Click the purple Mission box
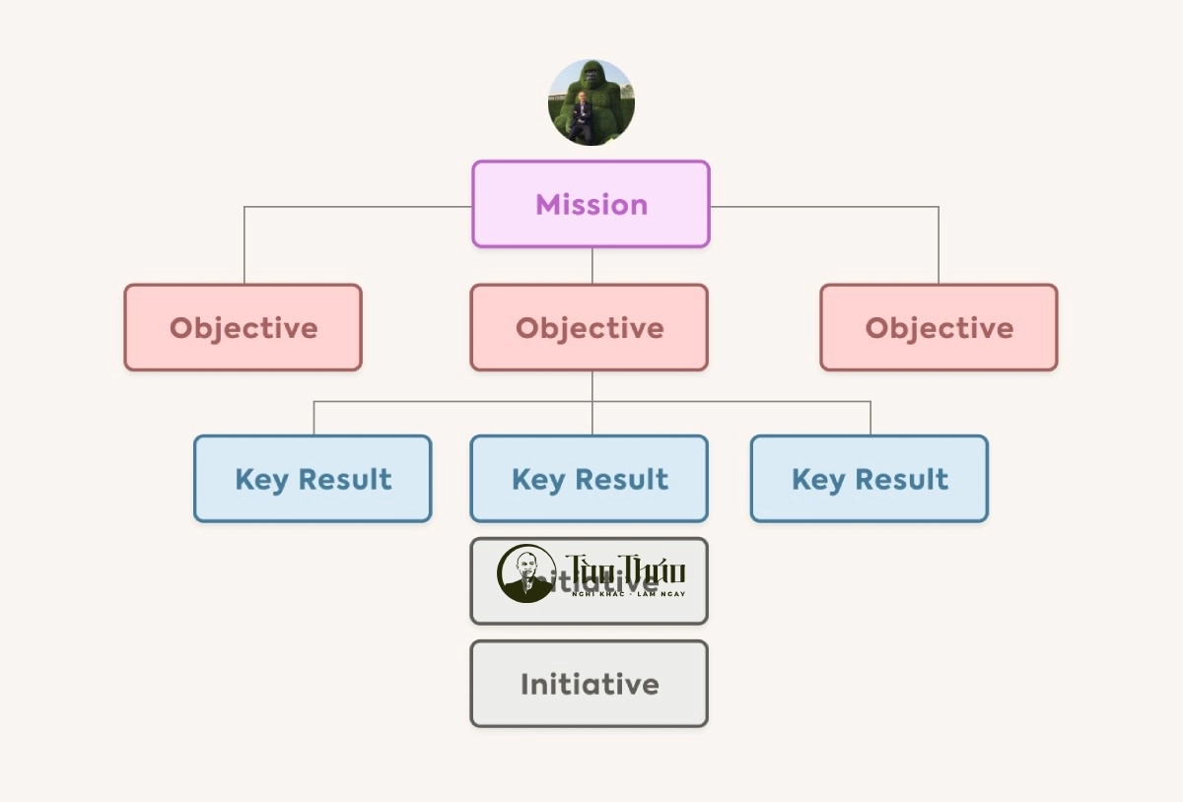[x=591, y=204]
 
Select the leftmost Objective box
[x=243, y=327]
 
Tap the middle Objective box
[x=589, y=327]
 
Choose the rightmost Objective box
[x=939, y=327]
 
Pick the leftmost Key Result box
[x=313, y=479]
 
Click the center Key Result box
[x=589, y=479]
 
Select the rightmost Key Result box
[x=869, y=479]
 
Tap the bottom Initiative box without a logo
[x=589, y=684]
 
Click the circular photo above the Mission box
[x=591, y=102]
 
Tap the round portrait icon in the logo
[x=525, y=573]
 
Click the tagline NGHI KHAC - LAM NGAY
[x=628, y=594]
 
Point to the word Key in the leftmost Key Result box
[x=260, y=480]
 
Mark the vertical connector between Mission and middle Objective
[x=592, y=266]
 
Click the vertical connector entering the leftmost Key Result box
[x=314, y=418]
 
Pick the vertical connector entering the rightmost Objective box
[x=939, y=246]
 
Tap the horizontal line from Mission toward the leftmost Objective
[x=355, y=207]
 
